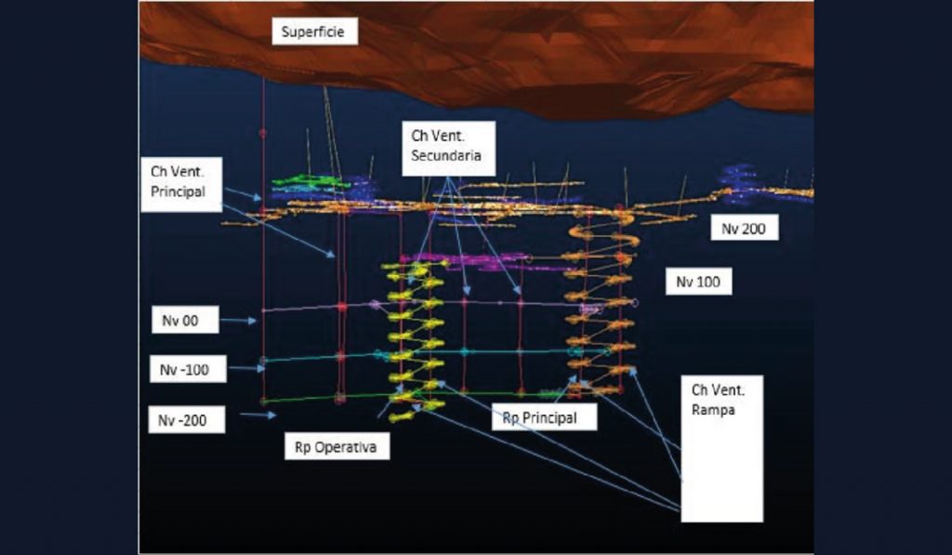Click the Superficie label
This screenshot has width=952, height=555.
click(x=314, y=32)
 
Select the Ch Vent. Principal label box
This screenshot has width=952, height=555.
click(x=181, y=185)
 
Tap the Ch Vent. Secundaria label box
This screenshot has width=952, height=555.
click(x=449, y=148)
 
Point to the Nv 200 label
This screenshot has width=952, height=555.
click(x=745, y=229)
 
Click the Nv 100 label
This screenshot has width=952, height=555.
click(x=698, y=282)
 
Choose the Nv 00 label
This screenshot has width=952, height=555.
click(x=185, y=320)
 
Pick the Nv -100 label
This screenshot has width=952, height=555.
click(x=188, y=368)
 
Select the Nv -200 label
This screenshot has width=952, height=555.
click(x=186, y=419)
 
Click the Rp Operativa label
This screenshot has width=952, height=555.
click(x=337, y=447)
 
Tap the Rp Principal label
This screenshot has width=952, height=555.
click(x=544, y=417)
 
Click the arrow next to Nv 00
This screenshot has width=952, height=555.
click(x=238, y=320)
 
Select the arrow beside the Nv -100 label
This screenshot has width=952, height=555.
click(x=246, y=367)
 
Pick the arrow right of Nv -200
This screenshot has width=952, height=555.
click(x=258, y=416)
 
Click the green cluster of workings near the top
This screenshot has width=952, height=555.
click(x=311, y=181)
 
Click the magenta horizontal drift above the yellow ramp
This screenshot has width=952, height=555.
click(x=465, y=260)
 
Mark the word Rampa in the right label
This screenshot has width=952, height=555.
click(x=713, y=410)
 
